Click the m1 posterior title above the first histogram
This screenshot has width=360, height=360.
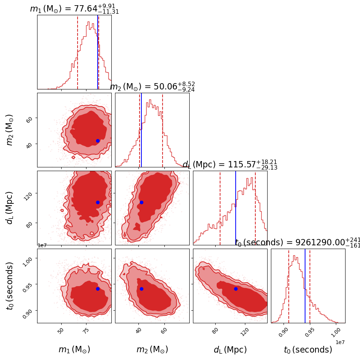pyautogui.click(x=74, y=9)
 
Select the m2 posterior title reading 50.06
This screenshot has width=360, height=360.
pyautogui.click(x=152, y=87)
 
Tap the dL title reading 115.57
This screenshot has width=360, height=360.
pyautogui.click(x=230, y=165)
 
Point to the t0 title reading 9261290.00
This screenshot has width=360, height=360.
pyautogui.click(x=297, y=243)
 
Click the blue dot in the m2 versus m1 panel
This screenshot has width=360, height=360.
pyautogui.click(x=98, y=141)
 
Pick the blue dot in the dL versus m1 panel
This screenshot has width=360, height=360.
pyautogui.click(x=98, y=202)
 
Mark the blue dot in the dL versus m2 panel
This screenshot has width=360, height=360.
pyautogui.click(x=141, y=202)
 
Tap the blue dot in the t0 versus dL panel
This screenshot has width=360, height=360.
pyautogui.click(x=236, y=289)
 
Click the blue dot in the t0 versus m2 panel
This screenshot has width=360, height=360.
pyautogui.click(x=141, y=289)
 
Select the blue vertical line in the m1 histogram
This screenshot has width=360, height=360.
pyautogui.click(x=98, y=52)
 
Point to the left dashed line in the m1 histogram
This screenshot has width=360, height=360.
pyautogui.click(x=78, y=52)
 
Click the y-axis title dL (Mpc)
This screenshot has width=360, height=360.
pyautogui.click(x=10, y=208)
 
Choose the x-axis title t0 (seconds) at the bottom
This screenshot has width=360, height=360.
pyautogui.click(x=308, y=350)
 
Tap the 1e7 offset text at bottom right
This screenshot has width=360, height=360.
pyautogui.click(x=340, y=342)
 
